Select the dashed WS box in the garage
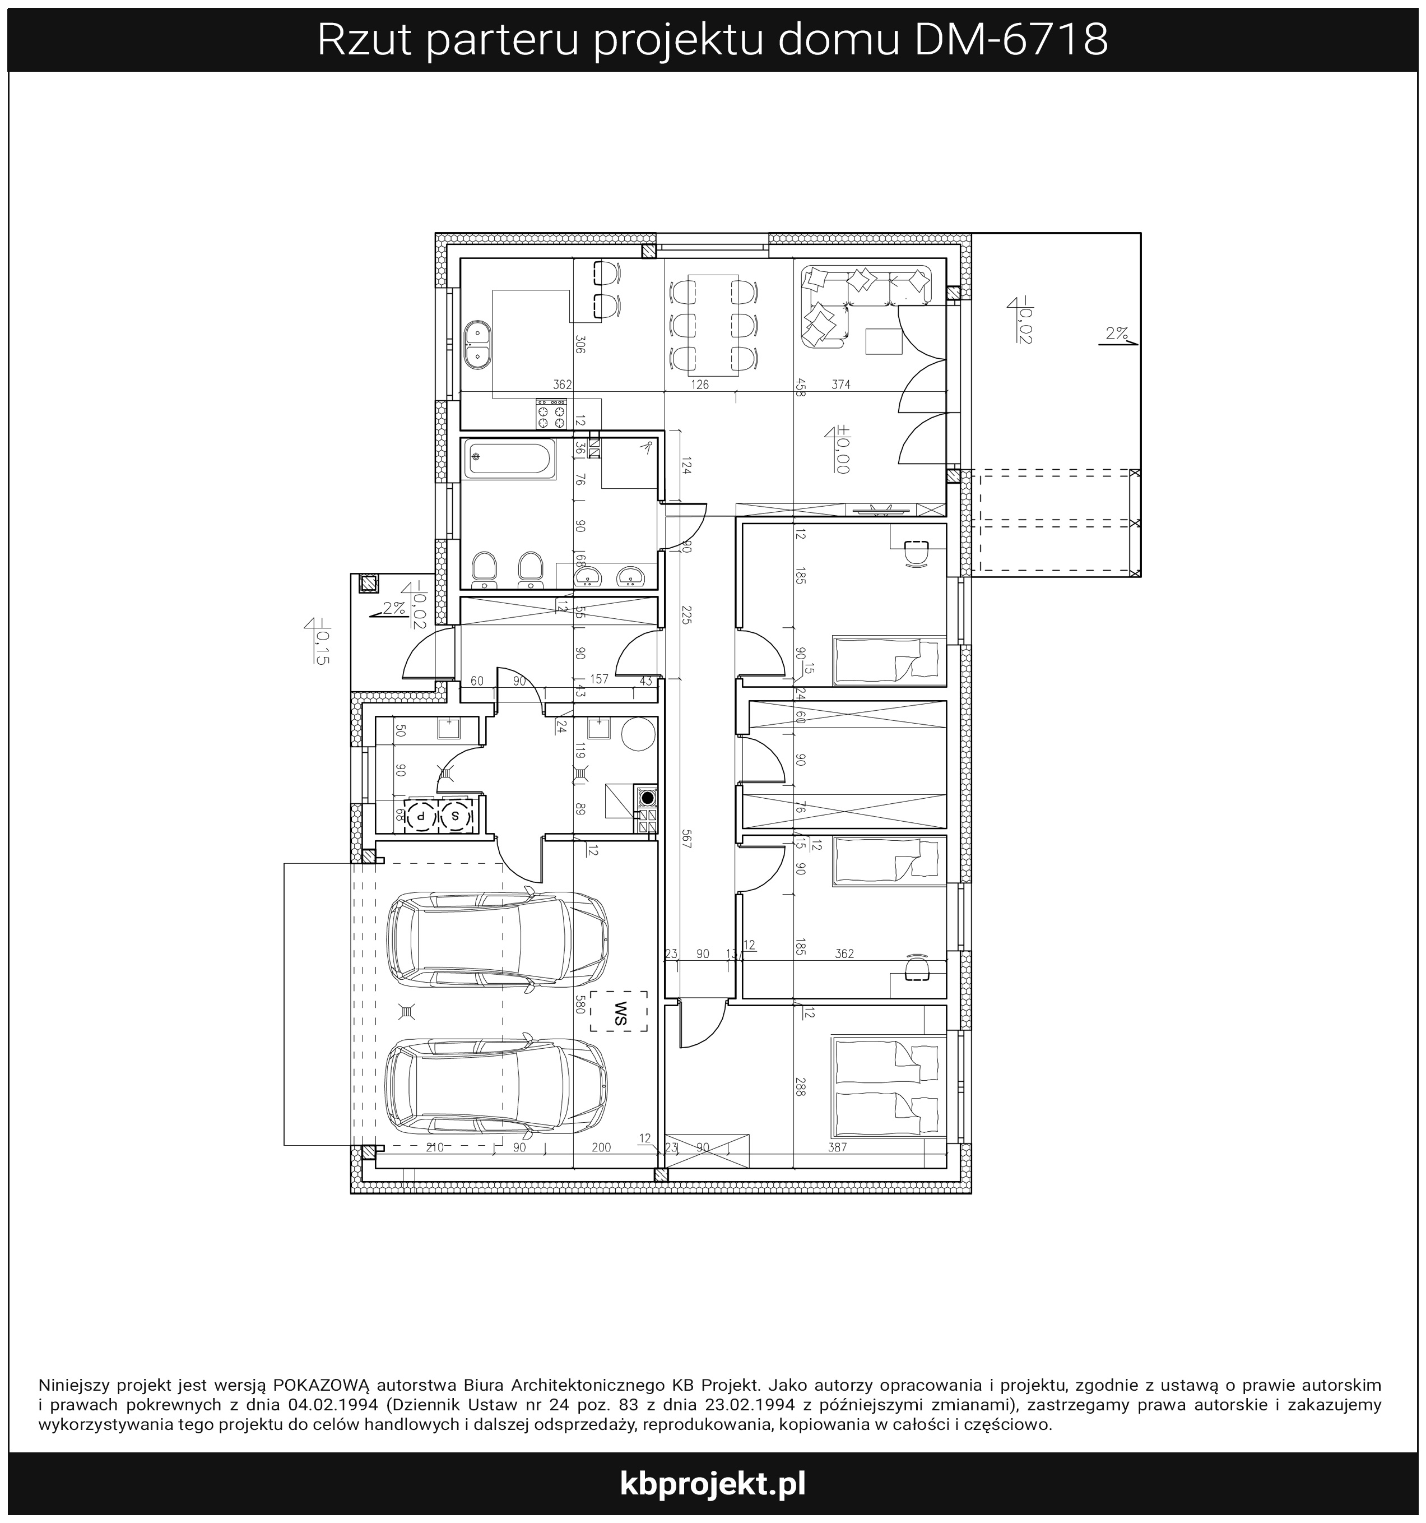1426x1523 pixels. (x=618, y=1011)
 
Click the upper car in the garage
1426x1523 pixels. (x=497, y=940)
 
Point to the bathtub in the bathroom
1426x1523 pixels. (x=509, y=460)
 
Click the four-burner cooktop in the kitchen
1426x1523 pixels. (x=549, y=413)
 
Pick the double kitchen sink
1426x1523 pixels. (x=478, y=345)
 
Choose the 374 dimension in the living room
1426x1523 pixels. (x=841, y=385)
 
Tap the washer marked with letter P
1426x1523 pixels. (x=420, y=816)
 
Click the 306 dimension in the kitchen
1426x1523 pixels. (x=580, y=345)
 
